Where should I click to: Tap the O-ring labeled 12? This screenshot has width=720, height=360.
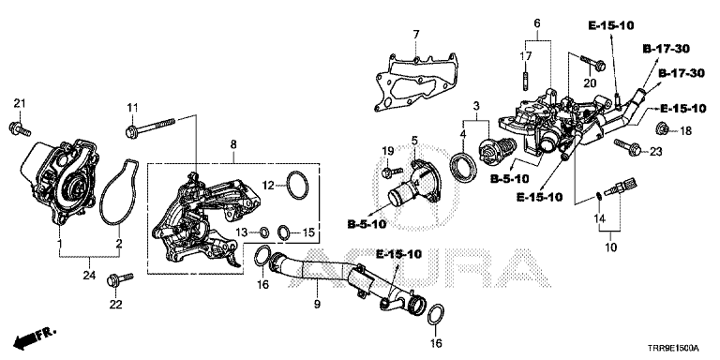297,185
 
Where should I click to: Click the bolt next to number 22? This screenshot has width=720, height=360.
119,279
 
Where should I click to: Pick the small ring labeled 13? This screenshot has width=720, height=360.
265,232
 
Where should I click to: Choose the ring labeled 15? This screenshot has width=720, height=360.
284,232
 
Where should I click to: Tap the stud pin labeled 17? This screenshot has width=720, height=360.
525,80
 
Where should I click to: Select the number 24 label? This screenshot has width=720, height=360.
90,276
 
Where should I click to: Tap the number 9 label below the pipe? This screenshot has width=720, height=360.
317,304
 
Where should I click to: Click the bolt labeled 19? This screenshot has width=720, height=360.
392,172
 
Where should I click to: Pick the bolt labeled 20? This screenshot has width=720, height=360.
592,65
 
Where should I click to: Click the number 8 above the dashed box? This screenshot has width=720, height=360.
233,144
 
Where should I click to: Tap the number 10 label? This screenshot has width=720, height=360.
610,247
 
